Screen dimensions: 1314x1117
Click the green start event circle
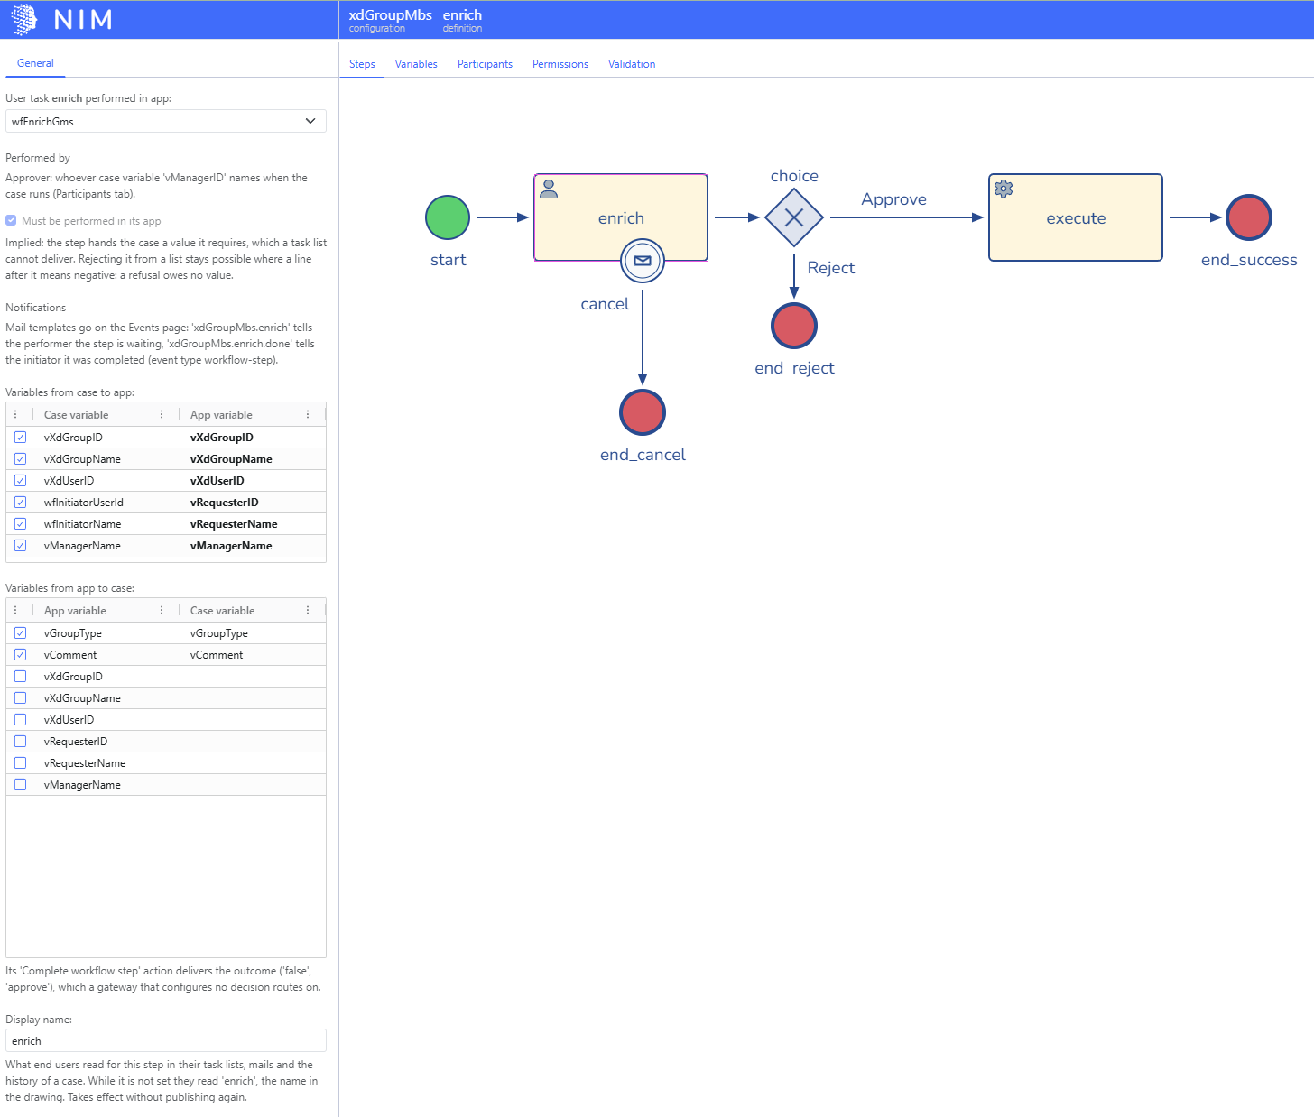448,217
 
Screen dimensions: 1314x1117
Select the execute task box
1076,217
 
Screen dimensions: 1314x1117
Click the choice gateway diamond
794,217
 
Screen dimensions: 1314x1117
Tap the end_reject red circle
794,326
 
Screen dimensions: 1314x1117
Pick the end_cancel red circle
642,412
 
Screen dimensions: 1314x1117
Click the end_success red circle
1248,217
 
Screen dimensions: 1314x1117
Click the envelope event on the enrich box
642,261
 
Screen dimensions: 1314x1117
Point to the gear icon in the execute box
1004,189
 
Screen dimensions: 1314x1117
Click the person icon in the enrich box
549,189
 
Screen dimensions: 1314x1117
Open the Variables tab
416,64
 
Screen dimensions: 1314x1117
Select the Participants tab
485,64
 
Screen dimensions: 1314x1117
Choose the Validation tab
631,64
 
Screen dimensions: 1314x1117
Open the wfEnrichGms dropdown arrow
310,122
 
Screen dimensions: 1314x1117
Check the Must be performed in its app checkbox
11,220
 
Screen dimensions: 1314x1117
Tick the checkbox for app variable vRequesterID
21,742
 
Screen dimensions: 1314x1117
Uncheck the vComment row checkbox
21,655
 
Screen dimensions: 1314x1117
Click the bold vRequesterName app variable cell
234,524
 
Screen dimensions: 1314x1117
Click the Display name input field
166,1040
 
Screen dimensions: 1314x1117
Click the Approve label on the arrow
893,199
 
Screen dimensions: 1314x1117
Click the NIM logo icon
24,19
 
